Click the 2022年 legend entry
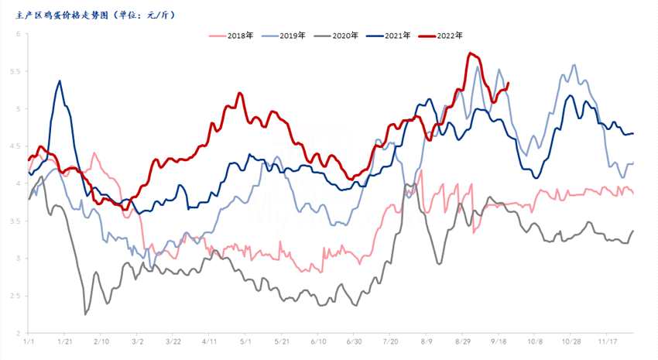point(449,36)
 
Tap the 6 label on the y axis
point(19,34)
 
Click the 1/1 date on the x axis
point(29,341)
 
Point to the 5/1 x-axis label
point(245,341)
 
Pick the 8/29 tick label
point(464,341)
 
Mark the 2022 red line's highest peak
point(470,53)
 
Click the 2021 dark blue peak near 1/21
point(60,81)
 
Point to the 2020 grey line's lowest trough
point(85,314)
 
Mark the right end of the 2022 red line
point(508,83)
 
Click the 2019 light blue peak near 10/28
point(574,65)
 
